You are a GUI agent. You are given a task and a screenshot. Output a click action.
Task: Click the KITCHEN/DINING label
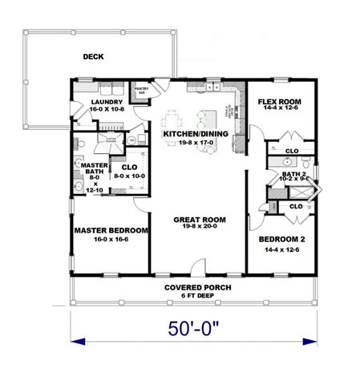pyautogui.click(x=196, y=134)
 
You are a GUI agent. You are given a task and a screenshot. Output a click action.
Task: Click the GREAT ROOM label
pyautogui.click(x=200, y=219)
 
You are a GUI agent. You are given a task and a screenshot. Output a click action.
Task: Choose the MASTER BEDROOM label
pyautogui.click(x=111, y=230)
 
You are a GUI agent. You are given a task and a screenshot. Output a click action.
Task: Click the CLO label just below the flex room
pyautogui.click(x=292, y=150)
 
